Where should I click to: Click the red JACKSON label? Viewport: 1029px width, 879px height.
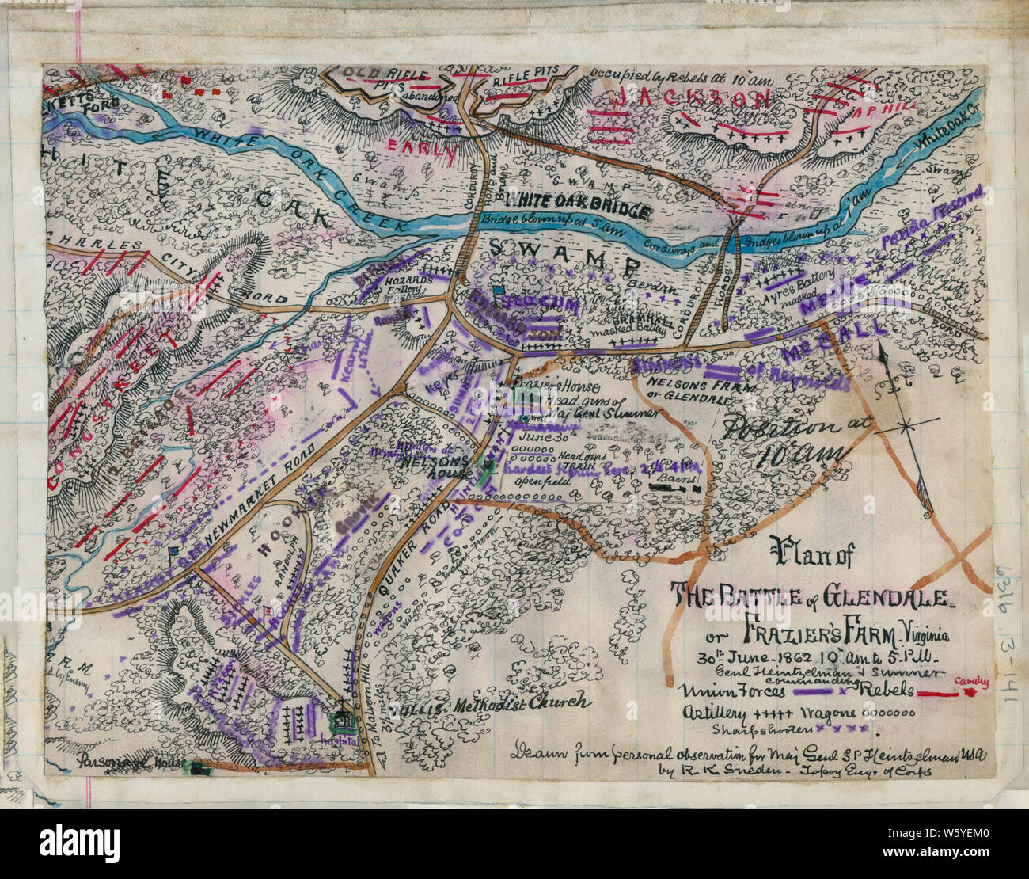coord(693,99)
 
